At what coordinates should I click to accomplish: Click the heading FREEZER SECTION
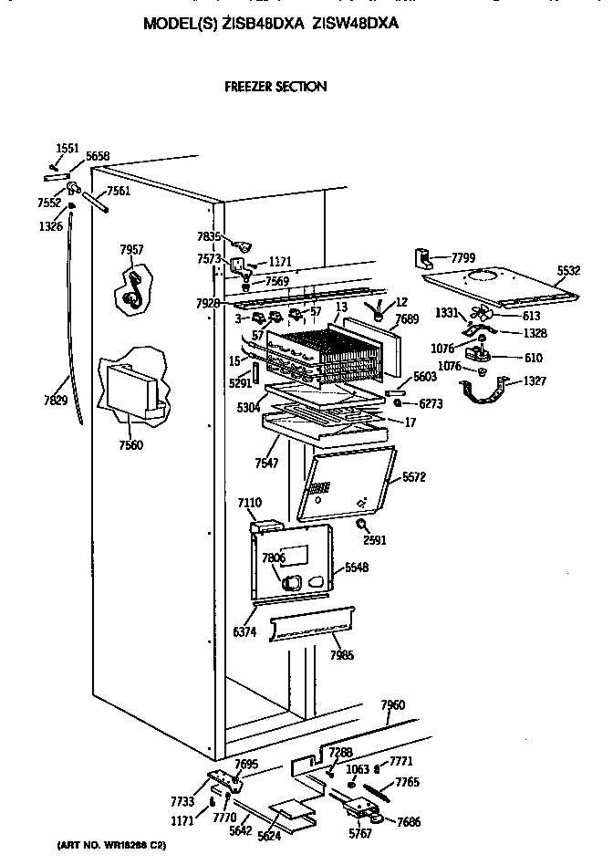275,87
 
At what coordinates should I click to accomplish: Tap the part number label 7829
57,400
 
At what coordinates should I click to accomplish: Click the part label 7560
131,445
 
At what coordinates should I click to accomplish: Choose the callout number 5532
569,271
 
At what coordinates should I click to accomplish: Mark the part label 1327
535,380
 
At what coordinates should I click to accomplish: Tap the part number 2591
375,539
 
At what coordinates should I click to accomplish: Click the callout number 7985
342,655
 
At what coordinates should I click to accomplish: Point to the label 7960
393,704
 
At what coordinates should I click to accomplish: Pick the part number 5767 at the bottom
361,832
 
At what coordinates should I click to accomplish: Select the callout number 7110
249,503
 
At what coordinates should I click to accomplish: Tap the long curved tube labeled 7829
72,347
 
